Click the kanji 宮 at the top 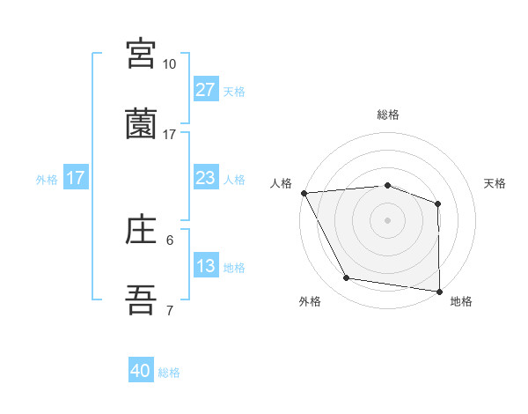point(141,55)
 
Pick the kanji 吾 point(141,300)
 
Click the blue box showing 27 point(206,90)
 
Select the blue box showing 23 point(206,178)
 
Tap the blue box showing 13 point(206,266)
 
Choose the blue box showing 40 point(141,372)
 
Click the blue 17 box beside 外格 point(76,178)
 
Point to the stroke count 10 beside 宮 point(169,64)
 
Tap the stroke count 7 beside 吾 point(169,310)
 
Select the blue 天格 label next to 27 point(234,91)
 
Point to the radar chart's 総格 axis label point(387,115)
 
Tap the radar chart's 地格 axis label point(461,301)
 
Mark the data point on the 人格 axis point(304,193)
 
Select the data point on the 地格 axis point(439,291)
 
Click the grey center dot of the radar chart point(387,219)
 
